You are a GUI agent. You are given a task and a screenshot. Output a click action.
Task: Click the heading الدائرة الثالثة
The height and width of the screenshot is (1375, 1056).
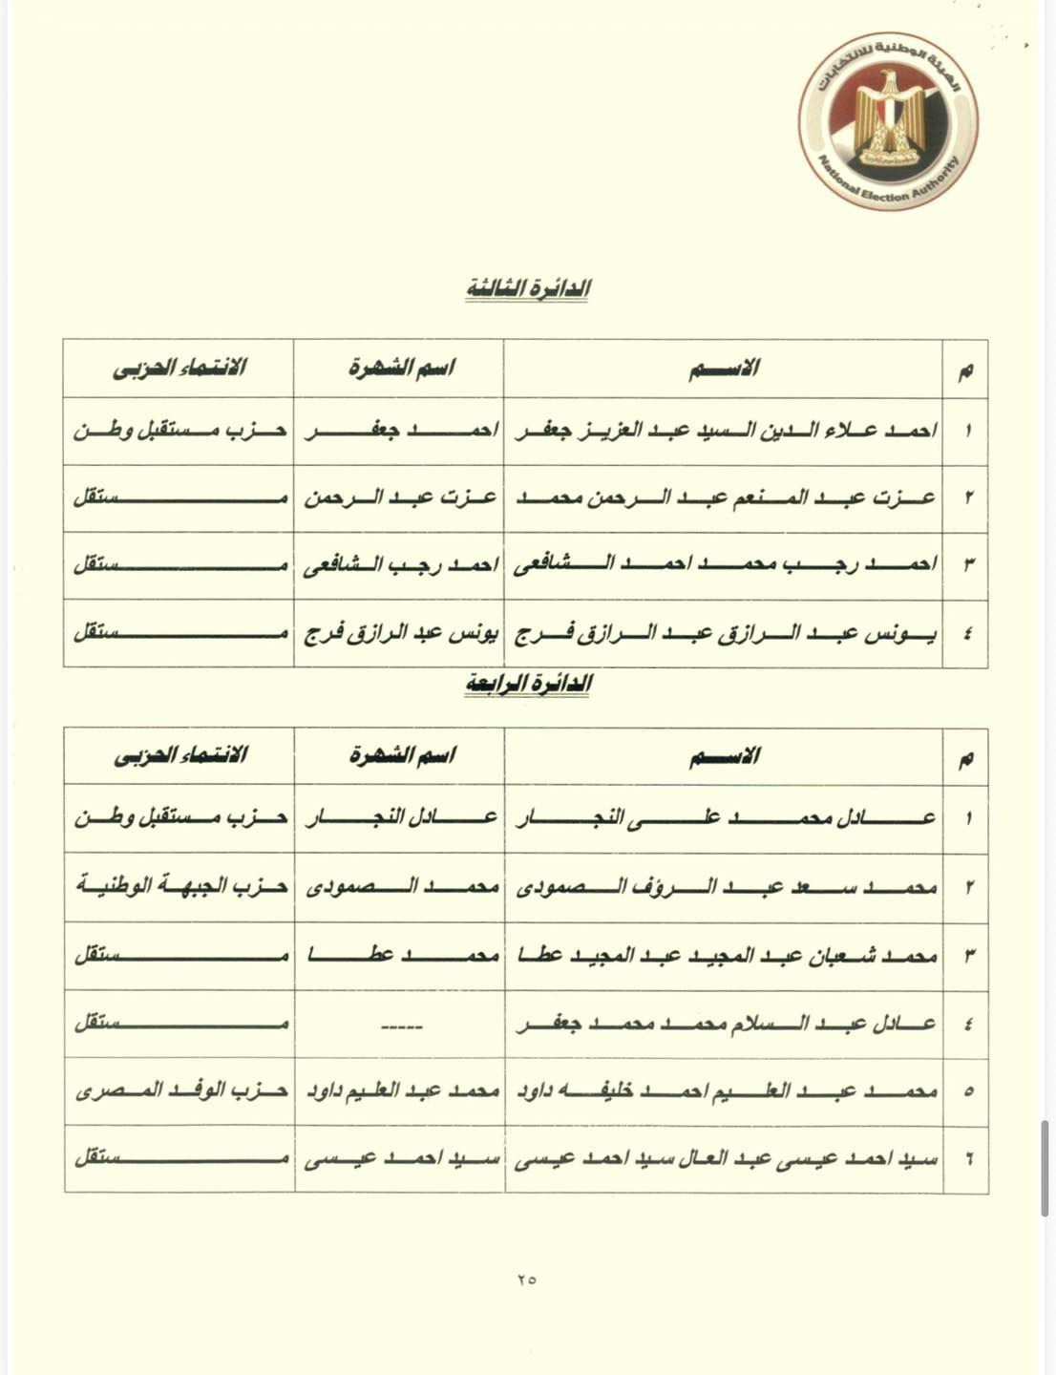click(527, 289)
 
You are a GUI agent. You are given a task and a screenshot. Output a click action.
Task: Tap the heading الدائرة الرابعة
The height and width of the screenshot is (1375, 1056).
click(527, 684)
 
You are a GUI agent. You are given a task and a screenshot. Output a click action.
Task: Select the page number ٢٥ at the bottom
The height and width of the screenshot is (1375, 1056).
click(527, 1279)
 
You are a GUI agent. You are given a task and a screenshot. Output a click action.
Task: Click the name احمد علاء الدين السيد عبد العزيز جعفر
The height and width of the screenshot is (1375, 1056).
click(726, 431)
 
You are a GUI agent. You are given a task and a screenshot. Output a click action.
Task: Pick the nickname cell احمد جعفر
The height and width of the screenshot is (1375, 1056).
click(400, 431)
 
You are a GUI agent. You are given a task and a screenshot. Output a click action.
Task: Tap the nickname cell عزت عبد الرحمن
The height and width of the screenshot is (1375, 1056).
click(400, 497)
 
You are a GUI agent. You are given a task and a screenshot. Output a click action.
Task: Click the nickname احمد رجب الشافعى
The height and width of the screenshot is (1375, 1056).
click(400, 565)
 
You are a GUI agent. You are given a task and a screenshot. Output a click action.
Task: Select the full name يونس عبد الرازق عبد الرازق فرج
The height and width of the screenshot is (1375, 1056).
click(726, 632)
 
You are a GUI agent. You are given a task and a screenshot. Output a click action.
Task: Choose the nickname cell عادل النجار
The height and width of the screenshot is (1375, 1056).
click(400, 818)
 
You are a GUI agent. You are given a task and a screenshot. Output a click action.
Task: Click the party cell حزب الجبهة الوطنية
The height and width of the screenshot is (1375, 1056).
click(180, 886)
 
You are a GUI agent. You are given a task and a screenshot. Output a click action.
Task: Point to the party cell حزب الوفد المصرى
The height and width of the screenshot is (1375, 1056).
click(180, 1090)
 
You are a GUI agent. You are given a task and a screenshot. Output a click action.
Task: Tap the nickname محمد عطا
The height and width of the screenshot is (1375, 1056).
click(400, 955)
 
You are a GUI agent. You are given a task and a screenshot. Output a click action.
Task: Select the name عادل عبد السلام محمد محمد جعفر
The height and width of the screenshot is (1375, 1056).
click(726, 1024)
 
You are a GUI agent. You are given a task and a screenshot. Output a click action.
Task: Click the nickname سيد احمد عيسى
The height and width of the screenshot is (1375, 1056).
click(400, 1159)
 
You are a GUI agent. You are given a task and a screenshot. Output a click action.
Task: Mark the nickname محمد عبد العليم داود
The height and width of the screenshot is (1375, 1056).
click(400, 1090)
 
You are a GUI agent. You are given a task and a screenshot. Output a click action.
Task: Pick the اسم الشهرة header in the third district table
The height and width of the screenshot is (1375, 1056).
click(401, 368)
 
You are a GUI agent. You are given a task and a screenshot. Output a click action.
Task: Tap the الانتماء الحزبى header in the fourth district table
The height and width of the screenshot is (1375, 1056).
click(180, 756)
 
